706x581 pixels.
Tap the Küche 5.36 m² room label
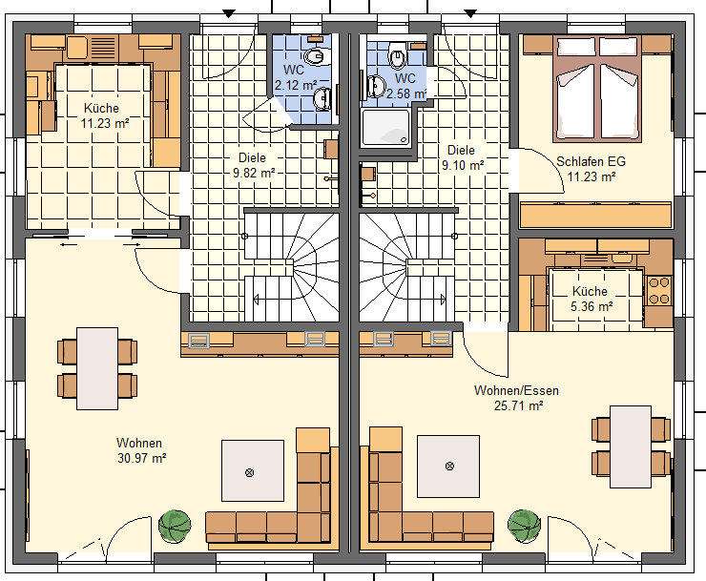(x=591, y=299)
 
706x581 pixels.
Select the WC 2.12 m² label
(x=295, y=77)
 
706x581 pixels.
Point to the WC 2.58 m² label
(x=405, y=86)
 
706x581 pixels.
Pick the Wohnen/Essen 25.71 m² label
(x=517, y=398)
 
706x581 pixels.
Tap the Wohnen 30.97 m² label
(x=141, y=450)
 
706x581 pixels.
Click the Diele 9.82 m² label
(x=253, y=165)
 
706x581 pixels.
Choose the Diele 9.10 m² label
(x=462, y=157)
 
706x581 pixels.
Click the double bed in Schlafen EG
(x=597, y=89)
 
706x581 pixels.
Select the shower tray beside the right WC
(x=385, y=128)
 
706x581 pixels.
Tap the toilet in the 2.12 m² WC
(x=314, y=56)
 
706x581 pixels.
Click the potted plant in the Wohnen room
(x=175, y=526)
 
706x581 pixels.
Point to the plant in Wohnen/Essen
(x=524, y=526)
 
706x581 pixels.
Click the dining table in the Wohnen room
(x=97, y=368)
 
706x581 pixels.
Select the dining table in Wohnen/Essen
(x=631, y=446)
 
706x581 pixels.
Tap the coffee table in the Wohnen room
(x=253, y=470)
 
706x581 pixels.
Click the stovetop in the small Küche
(x=658, y=290)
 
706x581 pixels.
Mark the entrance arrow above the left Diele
(x=229, y=14)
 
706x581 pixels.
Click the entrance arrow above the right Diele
(x=470, y=14)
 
